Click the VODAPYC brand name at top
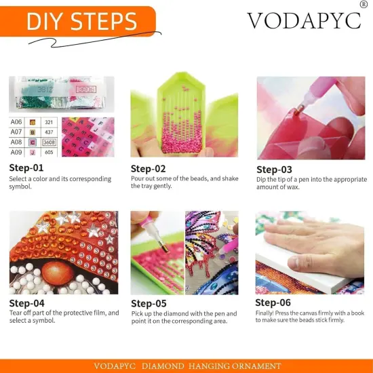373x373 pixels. tap(303, 20)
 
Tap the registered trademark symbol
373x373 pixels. tap(364, 5)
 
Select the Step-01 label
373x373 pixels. tap(26, 168)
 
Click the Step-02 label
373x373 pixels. tap(148, 169)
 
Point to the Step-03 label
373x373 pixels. tap(274, 170)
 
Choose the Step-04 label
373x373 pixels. tap(27, 302)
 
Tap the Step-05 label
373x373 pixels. tap(149, 303)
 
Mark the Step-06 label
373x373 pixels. tap(273, 302)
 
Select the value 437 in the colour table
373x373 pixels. tap(49, 132)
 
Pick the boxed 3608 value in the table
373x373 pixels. tap(49, 142)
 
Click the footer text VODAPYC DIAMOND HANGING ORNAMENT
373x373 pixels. tap(186, 366)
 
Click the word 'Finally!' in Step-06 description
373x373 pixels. tap(266, 313)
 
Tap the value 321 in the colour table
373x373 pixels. tap(49, 122)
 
